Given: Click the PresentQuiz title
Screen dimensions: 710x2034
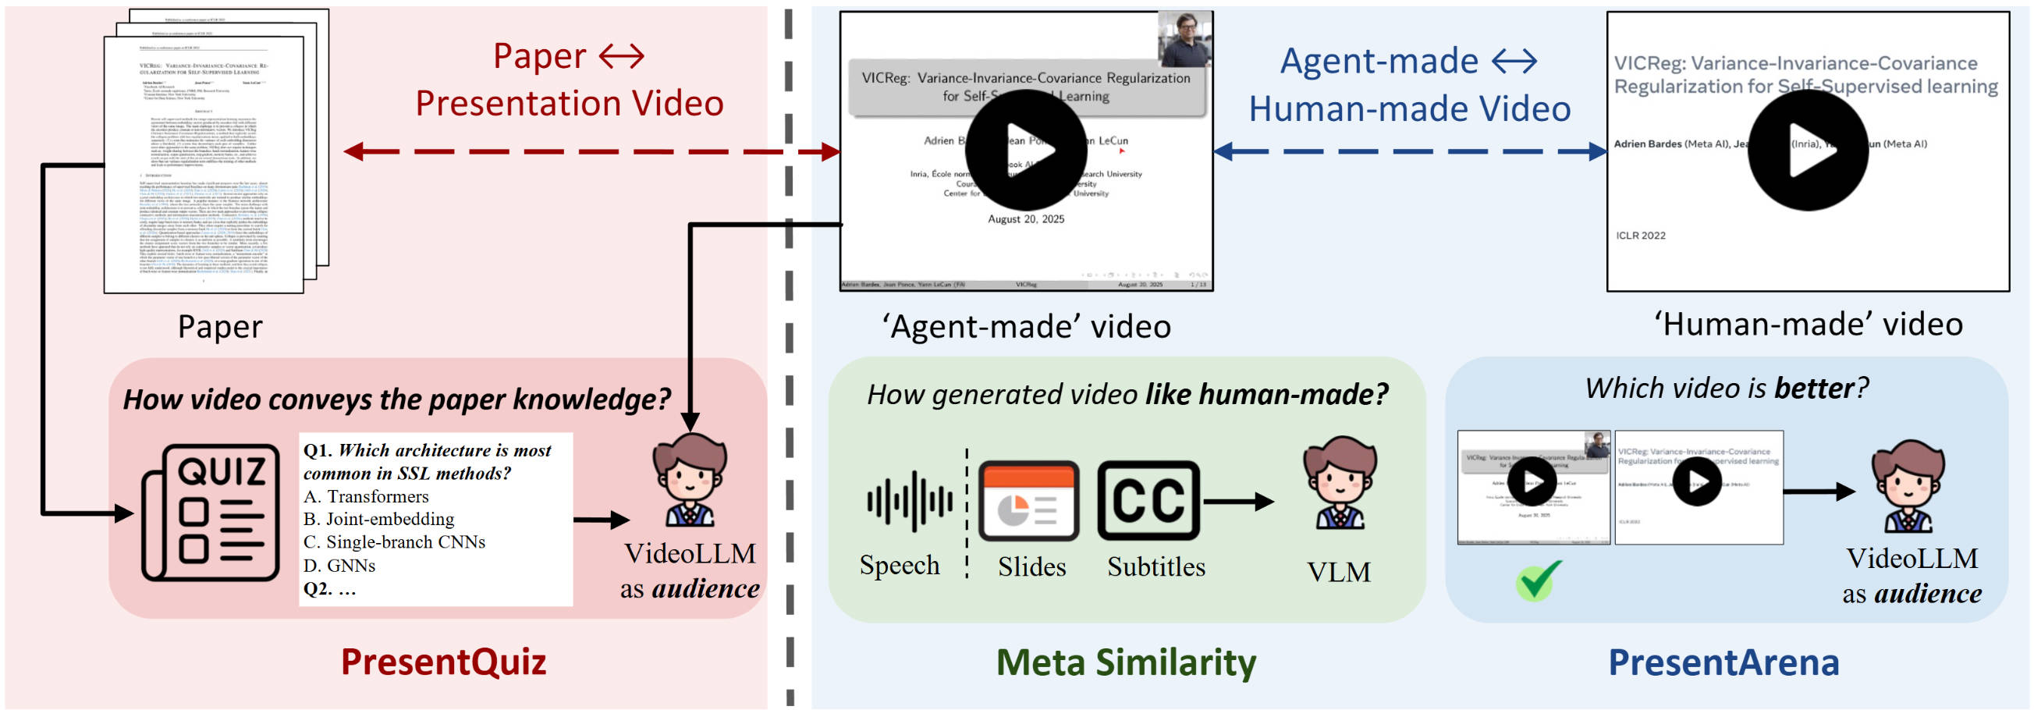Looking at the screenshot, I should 443,662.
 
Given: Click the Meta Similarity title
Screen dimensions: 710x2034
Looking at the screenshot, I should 1125,662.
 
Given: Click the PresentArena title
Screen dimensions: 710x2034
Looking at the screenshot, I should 1723,662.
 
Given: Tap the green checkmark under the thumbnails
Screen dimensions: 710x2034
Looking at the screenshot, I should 1536,580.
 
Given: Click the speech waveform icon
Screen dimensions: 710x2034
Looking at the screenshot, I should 910,501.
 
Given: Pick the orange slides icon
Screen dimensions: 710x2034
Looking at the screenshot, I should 1028,501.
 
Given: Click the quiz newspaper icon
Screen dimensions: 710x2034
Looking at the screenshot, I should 210,512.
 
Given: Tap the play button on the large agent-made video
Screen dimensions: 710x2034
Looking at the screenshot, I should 1026,150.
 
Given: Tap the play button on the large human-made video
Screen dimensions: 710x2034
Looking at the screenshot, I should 1809,150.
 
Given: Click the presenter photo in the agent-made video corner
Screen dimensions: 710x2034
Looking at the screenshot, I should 1184,39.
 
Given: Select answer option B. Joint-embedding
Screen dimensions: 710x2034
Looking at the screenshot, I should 379,519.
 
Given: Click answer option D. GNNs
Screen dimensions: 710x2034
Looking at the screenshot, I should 339,566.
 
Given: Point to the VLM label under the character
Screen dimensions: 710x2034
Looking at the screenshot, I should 1338,572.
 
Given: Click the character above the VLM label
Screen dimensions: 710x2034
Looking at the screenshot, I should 1339,482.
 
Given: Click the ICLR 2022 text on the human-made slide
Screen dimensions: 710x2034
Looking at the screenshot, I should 1640,236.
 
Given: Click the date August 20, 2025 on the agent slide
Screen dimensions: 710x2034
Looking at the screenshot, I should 1026,218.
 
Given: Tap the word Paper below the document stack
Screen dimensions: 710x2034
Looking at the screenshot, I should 219,326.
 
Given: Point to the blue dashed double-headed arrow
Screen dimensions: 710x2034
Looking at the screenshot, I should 1409,151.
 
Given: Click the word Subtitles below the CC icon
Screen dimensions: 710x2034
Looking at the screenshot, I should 1155,566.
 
